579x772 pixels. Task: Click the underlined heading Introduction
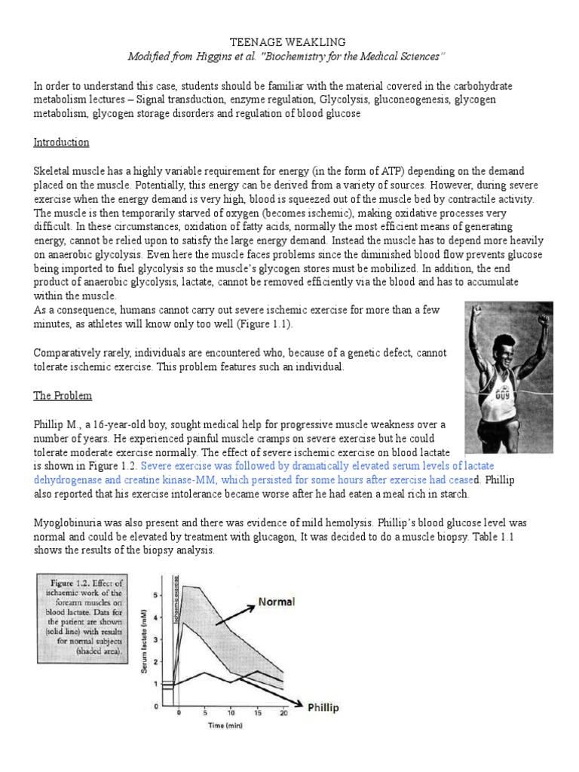[x=62, y=142]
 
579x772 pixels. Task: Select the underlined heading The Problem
[x=65, y=396]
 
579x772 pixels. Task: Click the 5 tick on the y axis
[x=156, y=595]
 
